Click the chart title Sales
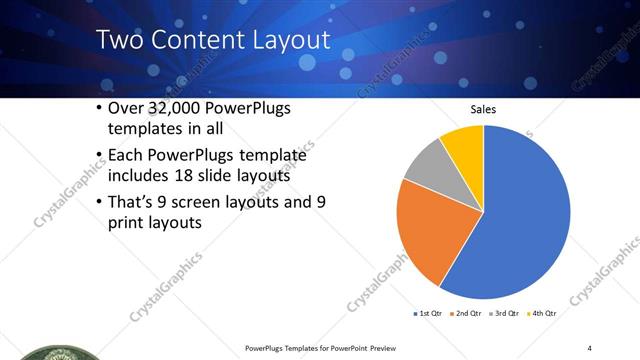(483, 109)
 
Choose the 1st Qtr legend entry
(426, 313)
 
